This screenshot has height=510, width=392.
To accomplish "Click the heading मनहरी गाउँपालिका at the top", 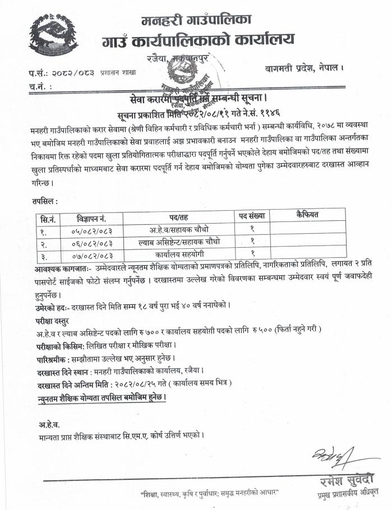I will pyautogui.click(x=197, y=21).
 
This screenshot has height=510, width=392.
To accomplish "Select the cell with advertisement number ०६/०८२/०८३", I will pyautogui.click(x=91, y=242).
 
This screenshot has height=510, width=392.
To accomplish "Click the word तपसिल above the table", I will pyautogui.click(x=45, y=200).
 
